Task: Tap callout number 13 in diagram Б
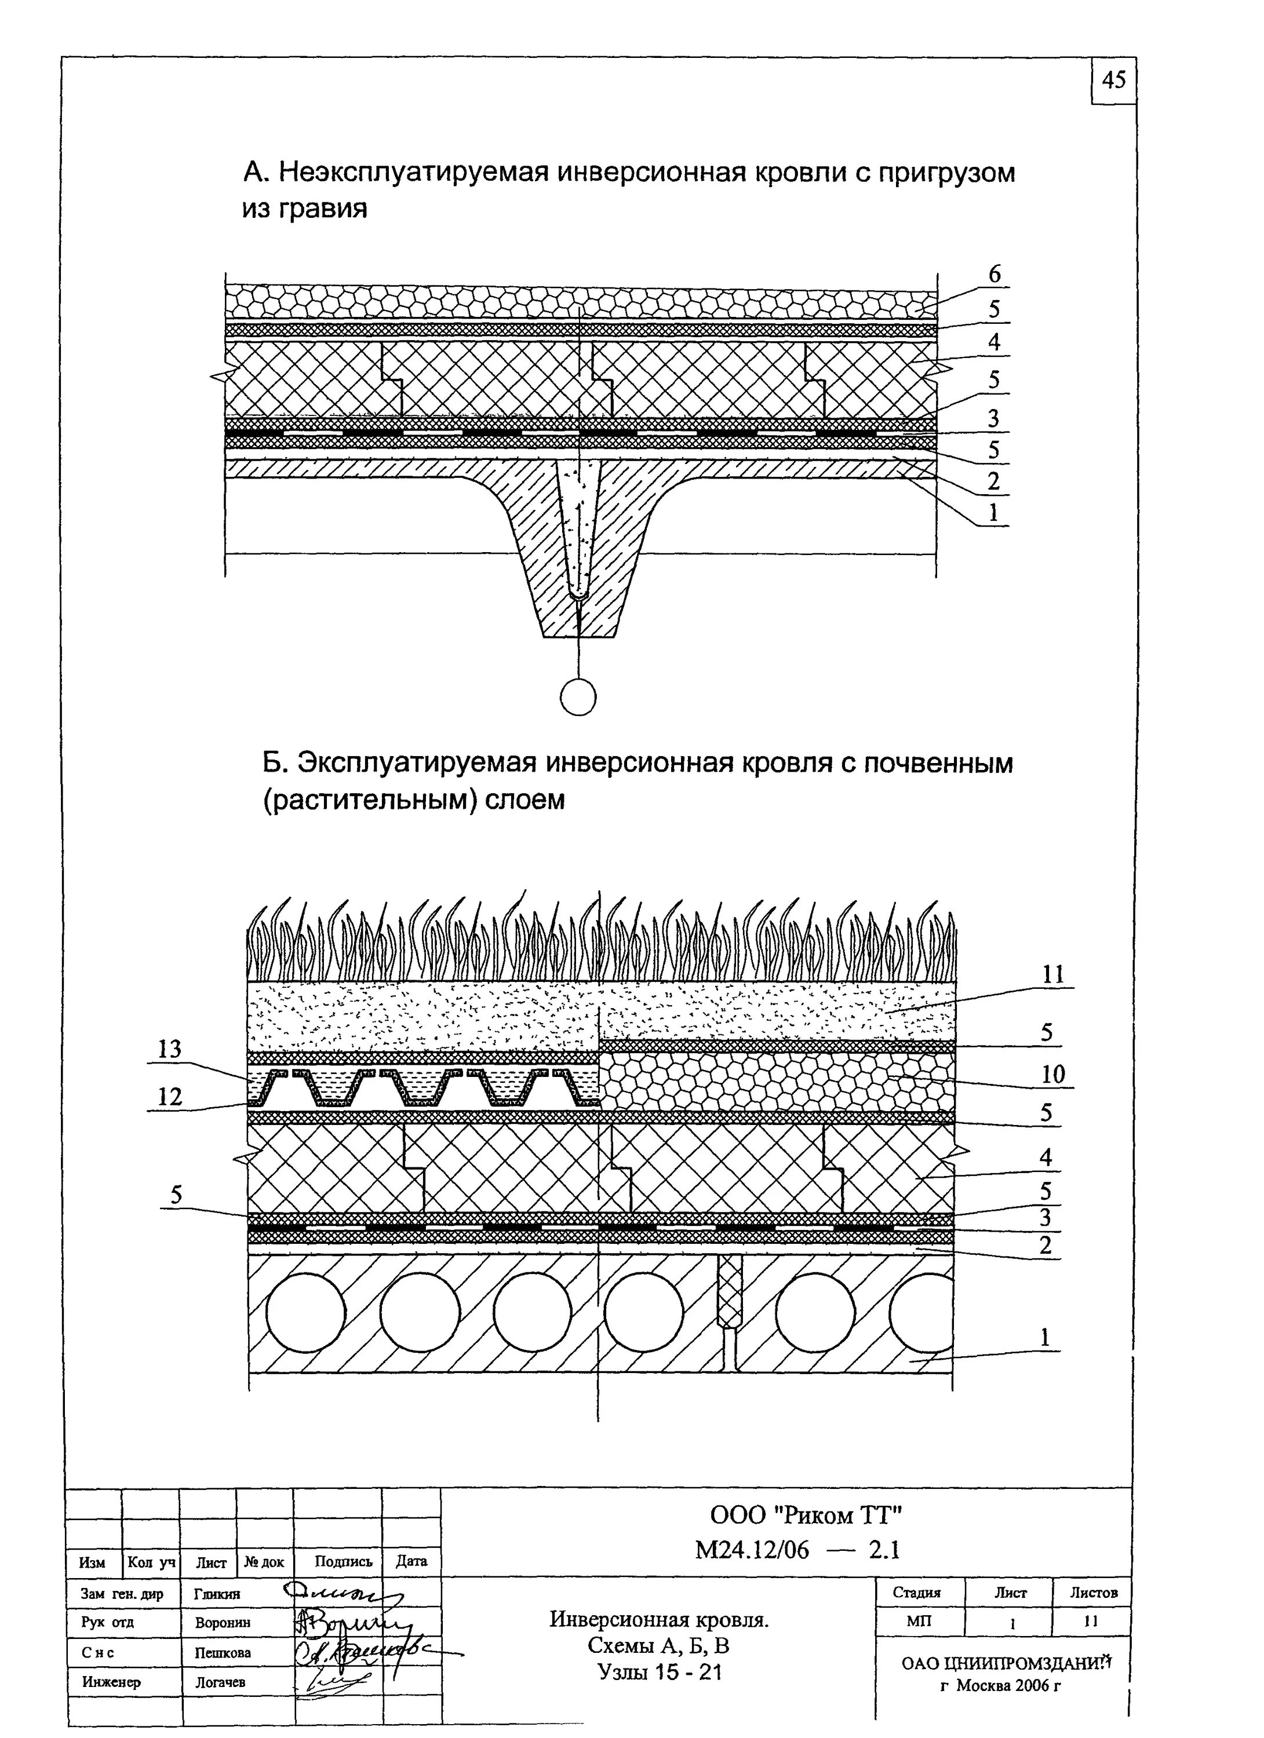tap(169, 1049)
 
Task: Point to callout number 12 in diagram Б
tap(169, 1097)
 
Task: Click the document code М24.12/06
tap(751, 1550)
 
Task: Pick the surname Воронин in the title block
tap(223, 1622)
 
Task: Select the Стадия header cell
tap(917, 1591)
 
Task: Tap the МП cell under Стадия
tap(917, 1621)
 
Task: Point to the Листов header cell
tap(1094, 1591)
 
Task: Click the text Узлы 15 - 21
tap(659, 1671)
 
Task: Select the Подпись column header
tap(344, 1561)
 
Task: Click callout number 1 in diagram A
tap(993, 513)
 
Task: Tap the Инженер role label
tap(111, 1682)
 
